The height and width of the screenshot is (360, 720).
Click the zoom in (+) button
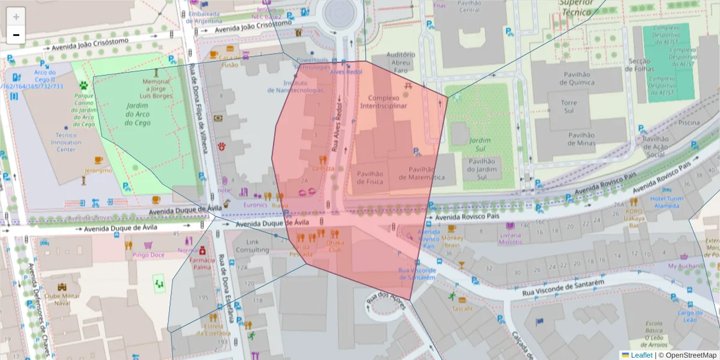(x=16, y=17)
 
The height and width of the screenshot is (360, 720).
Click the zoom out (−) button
(x=16, y=35)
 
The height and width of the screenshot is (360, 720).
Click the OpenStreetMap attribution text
(x=690, y=355)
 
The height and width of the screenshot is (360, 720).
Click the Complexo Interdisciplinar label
(x=383, y=102)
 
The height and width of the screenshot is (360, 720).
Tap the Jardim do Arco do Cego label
(x=137, y=114)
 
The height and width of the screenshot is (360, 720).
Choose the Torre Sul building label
(x=569, y=107)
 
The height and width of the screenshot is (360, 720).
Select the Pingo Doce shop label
(x=148, y=255)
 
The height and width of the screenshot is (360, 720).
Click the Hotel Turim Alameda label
(x=667, y=202)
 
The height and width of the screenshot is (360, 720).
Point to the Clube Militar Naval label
(x=62, y=299)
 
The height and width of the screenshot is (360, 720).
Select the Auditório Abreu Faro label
(x=401, y=62)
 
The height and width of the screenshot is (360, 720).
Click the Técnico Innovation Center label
(x=65, y=142)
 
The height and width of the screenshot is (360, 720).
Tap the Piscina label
(x=689, y=122)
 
